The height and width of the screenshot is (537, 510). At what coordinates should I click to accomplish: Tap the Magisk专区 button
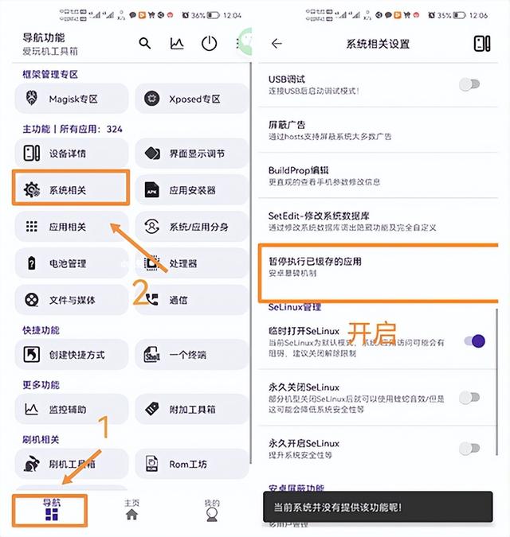pyautogui.click(x=71, y=99)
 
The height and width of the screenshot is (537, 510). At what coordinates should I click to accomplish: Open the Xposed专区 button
pyautogui.click(x=191, y=99)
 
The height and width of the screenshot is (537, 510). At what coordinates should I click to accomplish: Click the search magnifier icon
pyautogui.click(x=145, y=44)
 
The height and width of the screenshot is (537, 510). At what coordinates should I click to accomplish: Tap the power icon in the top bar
pyautogui.click(x=209, y=44)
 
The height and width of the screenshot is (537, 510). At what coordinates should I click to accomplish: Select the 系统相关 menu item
pyautogui.click(x=71, y=189)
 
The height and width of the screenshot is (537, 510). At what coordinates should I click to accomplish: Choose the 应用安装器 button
pyautogui.click(x=191, y=190)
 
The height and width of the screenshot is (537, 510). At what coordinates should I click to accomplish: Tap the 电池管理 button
pyautogui.click(x=71, y=263)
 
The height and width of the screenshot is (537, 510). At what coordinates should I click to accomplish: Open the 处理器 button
pyautogui.click(x=191, y=263)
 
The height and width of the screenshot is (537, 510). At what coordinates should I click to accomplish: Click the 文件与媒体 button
pyautogui.click(x=71, y=300)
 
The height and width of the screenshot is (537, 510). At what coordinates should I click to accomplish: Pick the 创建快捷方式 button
pyautogui.click(x=71, y=354)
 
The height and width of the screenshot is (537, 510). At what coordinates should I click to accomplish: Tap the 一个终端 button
pyautogui.click(x=191, y=354)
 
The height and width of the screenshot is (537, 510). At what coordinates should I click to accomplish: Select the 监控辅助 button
pyautogui.click(x=71, y=409)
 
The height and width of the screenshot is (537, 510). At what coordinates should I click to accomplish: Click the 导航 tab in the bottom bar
pyautogui.click(x=52, y=510)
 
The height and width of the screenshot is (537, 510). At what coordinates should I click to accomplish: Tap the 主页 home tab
pyautogui.click(x=131, y=510)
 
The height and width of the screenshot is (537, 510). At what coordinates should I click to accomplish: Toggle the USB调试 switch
pyautogui.click(x=470, y=84)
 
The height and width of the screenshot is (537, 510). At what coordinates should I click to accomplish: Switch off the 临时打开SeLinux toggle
pyautogui.click(x=473, y=340)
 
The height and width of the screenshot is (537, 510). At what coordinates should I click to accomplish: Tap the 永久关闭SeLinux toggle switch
pyautogui.click(x=470, y=397)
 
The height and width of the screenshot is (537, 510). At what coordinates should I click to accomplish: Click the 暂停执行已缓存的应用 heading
pyautogui.click(x=316, y=261)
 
